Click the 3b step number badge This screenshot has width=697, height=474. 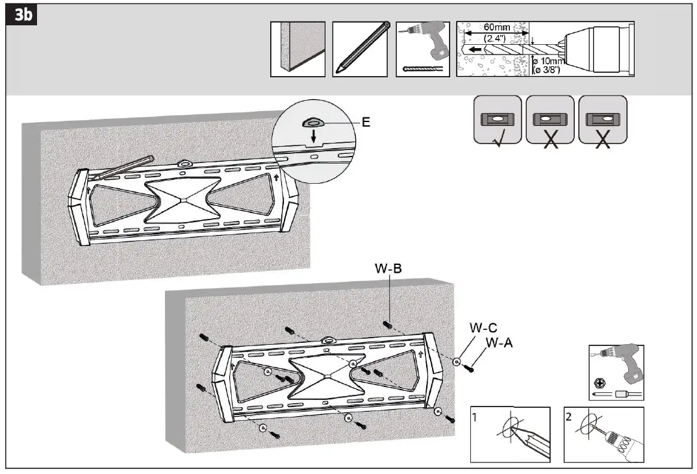click(x=19, y=16)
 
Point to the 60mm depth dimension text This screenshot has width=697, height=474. click(x=497, y=28)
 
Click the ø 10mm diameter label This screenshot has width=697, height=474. click(x=550, y=62)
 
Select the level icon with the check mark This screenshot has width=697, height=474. click(x=497, y=120)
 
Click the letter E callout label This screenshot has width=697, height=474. click(x=366, y=121)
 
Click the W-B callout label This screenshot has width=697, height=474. click(x=388, y=268)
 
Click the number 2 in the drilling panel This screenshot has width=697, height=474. click(x=569, y=417)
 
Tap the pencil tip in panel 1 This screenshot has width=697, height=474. click(x=516, y=430)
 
